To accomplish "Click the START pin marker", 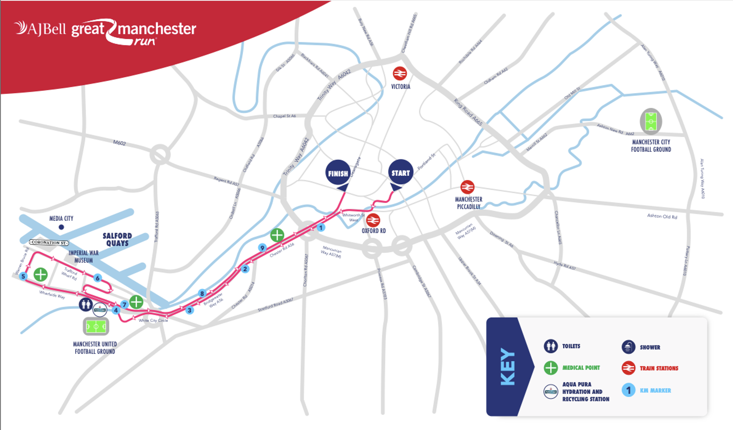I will tap(401, 173).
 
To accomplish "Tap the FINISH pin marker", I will tap(338, 173).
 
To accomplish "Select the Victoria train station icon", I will tap(399, 74).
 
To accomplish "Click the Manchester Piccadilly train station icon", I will tap(467, 187).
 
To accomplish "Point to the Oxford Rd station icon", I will tap(373, 220).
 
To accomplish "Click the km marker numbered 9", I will tap(262, 248).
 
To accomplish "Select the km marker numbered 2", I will tap(245, 269).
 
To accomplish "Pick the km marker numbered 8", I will tap(202, 293).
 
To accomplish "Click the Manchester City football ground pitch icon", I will tap(651, 121).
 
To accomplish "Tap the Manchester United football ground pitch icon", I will tap(96, 326).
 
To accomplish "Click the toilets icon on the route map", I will tap(86, 304).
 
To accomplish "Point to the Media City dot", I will tap(61, 227).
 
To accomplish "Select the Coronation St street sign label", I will tap(49, 242).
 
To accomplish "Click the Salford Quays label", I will tap(117, 239).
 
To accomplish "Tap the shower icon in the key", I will tap(628, 347).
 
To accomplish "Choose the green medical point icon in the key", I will tap(550, 368).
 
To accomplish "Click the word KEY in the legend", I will tap(508, 367).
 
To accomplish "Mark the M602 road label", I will tap(119, 143).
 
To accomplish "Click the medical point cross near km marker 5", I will tap(41, 274).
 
